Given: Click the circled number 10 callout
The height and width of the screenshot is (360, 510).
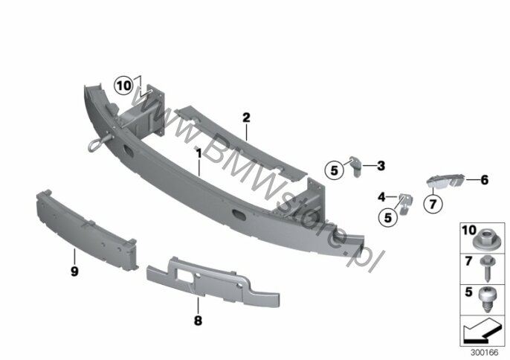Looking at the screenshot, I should point(123,86).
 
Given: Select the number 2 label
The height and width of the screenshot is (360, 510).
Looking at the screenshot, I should point(246,117).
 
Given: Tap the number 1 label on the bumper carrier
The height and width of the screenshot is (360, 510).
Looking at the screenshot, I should point(199,152).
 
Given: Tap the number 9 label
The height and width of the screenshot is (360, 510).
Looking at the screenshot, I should point(74,272).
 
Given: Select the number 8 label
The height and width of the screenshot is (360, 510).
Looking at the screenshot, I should point(198,322).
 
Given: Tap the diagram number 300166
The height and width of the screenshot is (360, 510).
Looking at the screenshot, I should point(482,350).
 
